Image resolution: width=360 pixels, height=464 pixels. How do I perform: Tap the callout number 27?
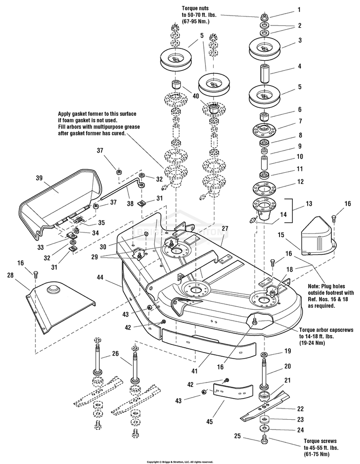click(x=225, y=228)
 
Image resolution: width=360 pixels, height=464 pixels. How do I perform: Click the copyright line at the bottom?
click(x=180, y=461)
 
